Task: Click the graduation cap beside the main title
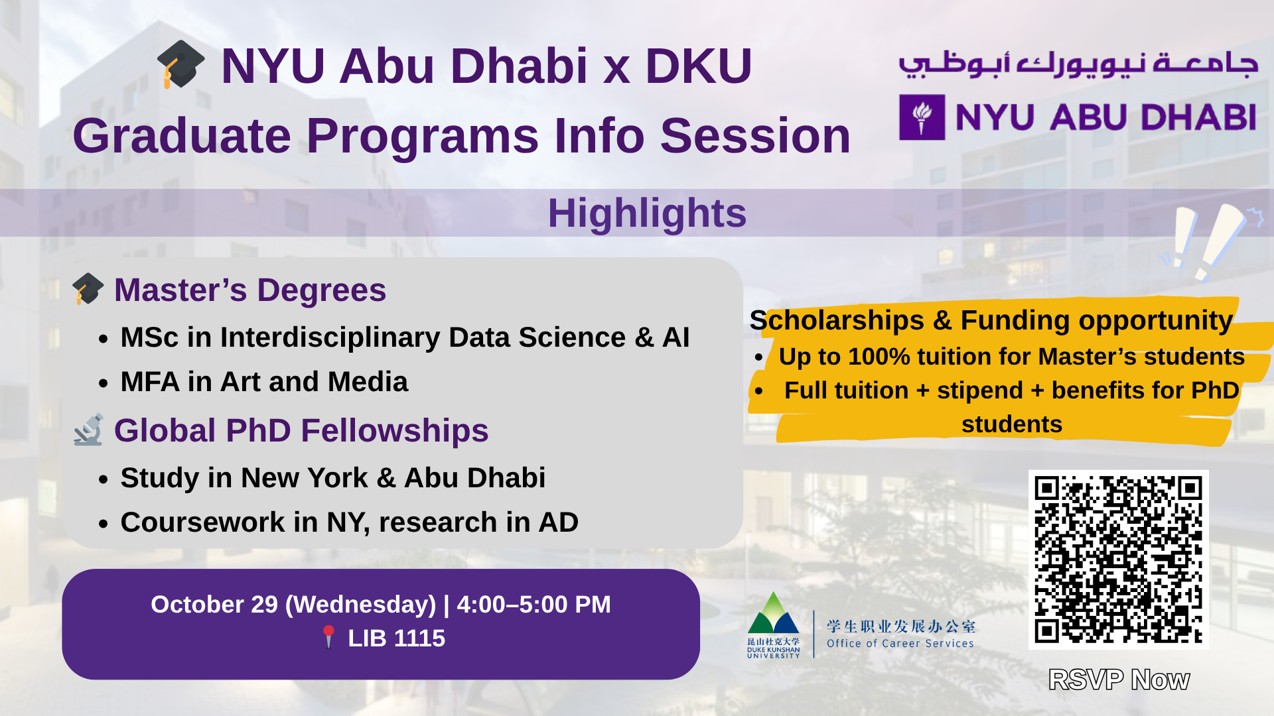click(x=180, y=64)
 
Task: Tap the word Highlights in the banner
click(x=647, y=213)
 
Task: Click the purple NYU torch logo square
click(x=922, y=117)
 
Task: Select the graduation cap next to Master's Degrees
click(x=88, y=289)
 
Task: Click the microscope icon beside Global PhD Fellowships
click(x=89, y=430)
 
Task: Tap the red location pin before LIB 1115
click(x=328, y=637)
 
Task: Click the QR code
click(x=1119, y=560)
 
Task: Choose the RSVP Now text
click(x=1119, y=680)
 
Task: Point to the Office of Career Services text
click(x=900, y=643)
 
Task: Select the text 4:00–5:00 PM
click(x=533, y=605)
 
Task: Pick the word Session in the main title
click(x=755, y=136)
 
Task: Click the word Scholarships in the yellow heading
click(x=837, y=320)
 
